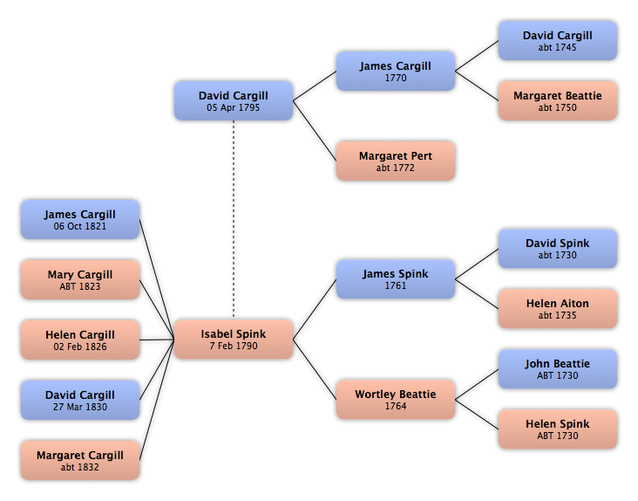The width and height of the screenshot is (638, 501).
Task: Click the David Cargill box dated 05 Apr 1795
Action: point(234,100)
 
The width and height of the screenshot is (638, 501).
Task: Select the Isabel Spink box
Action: point(234,340)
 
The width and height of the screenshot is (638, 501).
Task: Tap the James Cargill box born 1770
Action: point(396,71)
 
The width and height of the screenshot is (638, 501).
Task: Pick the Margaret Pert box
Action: point(396,161)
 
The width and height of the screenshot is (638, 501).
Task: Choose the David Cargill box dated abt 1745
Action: point(558,41)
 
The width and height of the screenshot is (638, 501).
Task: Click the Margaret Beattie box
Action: point(558,100)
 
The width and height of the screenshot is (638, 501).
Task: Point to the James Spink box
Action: point(396,279)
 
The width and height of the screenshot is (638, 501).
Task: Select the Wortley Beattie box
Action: point(396,399)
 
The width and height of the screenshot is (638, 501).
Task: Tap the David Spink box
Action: point(558,249)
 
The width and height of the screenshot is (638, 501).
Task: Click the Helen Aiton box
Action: point(558,309)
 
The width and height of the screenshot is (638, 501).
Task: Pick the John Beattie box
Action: point(558,369)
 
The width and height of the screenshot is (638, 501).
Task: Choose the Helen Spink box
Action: point(558,429)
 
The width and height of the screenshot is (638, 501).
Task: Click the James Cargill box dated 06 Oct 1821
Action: point(80,220)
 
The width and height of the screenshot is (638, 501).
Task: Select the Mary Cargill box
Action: point(80,280)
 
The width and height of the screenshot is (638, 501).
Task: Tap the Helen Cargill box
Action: point(80,340)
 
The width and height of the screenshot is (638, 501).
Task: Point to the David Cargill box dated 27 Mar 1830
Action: point(80,400)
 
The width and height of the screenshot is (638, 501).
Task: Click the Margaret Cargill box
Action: point(80,460)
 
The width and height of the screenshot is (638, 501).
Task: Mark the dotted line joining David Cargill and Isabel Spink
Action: point(234,220)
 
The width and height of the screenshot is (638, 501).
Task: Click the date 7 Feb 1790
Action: point(234,346)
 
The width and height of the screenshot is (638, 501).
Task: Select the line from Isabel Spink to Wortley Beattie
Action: point(315,369)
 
